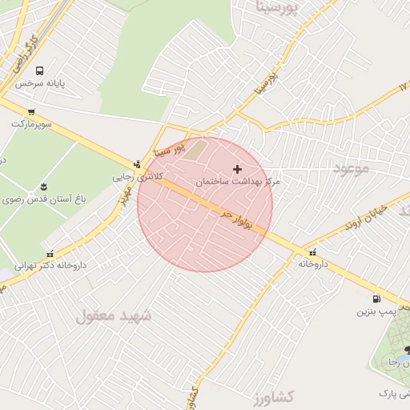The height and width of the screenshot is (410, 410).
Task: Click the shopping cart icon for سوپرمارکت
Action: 30,112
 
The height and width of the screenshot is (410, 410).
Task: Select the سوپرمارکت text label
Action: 30,124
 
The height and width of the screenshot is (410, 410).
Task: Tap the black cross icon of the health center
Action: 237,169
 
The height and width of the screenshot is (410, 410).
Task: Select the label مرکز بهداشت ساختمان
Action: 238,183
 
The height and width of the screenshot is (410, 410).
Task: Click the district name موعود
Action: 350,169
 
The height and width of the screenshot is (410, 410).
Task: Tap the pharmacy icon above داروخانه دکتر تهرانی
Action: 50,254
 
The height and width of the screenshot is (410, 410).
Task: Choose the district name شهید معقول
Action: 114,316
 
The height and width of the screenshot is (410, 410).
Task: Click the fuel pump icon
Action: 376,299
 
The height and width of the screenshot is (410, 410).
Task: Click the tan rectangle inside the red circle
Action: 194,150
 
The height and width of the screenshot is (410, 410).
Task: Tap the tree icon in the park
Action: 407,350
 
